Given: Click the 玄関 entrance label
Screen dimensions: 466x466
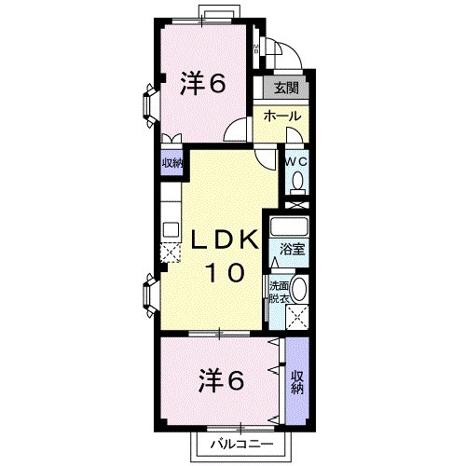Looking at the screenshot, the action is pyautogui.click(x=286, y=88).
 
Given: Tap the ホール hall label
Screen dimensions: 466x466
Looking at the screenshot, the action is pyautogui.click(x=282, y=116).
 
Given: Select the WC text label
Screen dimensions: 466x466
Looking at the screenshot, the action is pyautogui.click(x=296, y=161).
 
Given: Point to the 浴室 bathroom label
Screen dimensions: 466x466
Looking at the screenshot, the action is pyautogui.click(x=292, y=250).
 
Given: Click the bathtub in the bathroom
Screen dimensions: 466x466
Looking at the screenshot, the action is pyautogui.click(x=289, y=226).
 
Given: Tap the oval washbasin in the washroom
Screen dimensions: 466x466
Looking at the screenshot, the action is pyautogui.click(x=300, y=289).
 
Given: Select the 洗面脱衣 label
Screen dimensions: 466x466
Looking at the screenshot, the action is pyautogui.click(x=280, y=292).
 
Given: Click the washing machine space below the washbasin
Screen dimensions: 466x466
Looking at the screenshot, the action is pyautogui.click(x=297, y=317).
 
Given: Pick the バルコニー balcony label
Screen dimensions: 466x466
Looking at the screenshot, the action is pyautogui.click(x=242, y=444).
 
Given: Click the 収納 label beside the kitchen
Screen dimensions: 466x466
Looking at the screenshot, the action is pyautogui.click(x=171, y=163).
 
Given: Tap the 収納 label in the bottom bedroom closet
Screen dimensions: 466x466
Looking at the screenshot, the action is pyautogui.click(x=297, y=383).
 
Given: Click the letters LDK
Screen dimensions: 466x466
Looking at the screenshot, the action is pyautogui.click(x=225, y=240).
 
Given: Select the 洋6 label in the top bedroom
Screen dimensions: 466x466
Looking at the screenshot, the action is pyautogui.click(x=203, y=83).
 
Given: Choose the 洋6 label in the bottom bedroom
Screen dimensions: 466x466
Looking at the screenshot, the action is pyautogui.click(x=221, y=379).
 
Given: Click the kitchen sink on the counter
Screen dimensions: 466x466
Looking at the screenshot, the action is pyautogui.click(x=171, y=230).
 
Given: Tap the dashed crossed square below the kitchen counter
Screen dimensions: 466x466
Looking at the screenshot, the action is pyautogui.click(x=171, y=253).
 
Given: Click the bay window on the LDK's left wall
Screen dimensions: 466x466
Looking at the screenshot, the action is pyautogui.click(x=150, y=295).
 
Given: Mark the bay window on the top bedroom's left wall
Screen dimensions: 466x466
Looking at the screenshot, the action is pyautogui.click(x=150, y=105).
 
